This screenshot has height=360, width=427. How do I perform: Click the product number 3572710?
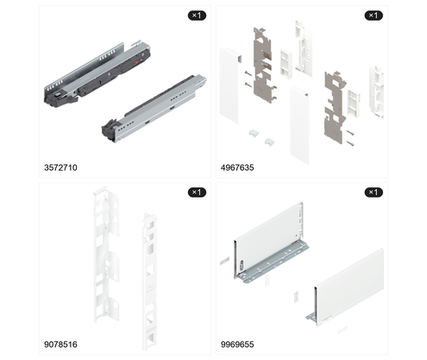pyautogui.click(x=60, y=167)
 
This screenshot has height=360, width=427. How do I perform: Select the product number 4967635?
pyautogui.click(x=237, y=167)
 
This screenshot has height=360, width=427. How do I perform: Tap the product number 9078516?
pyautogui.click(x=60, y=344)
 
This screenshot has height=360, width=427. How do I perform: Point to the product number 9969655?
pyautogui.click(x=237, y=344)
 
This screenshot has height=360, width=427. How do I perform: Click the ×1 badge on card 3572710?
pyautogui.click(x=197, y=16)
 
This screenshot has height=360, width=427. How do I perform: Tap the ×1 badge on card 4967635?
pyautogui.click(x=374, y=16)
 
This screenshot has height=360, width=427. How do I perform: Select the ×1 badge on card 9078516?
pyautogui.click(x=197, y=193)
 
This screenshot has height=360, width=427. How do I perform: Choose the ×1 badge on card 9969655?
pyautogui.click(x=374, y=193)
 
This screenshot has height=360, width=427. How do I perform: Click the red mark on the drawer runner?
pyautogui.click(x=137, y=60)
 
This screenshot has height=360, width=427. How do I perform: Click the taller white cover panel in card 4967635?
pyautogui.click(x=299, y=125)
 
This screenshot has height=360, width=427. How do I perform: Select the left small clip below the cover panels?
pyautogui.click(x=253, y=133)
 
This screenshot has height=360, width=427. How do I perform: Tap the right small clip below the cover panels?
pyautogui.click(x=269, y=142)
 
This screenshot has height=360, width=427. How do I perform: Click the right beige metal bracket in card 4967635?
pyautogui.click(x=335, y=108)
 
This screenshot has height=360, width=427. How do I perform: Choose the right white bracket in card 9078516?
pyautogui.click(x=150, y=281)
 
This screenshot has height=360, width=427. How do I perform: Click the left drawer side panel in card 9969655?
pyautogui.click(x=270, y=242)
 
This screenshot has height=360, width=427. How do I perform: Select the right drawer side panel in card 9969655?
pyautogui.click(x=349, y=287)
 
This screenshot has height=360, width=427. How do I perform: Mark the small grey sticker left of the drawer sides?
pyautogui.click(x=224, y=261)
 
